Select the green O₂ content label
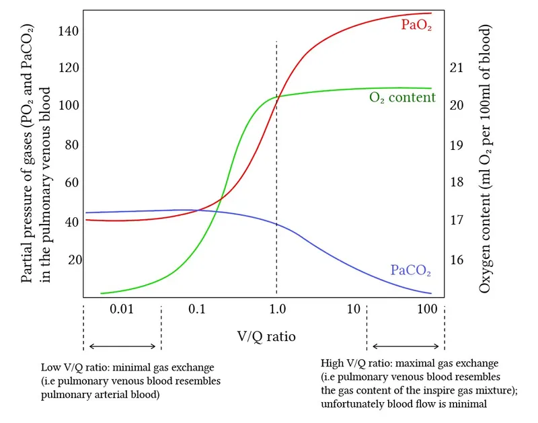pyautogui.click(x=402, y=98)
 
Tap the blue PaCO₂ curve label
pyautogui.click(x=410, y=271)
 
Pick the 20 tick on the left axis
pyautogui.click(x=72, y=260)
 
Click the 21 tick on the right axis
pyautogui.click(x=457, y=67)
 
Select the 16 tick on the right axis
pyautogui.click(x=457, y=260)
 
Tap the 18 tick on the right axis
pyautogui.click(x=457, y=183)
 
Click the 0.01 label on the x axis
pyautogui.click(x=122, y=309)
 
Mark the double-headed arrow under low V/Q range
pyautogui.click(x=122, y=346)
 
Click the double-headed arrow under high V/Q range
pyautogui.click(x=406, y=346)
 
